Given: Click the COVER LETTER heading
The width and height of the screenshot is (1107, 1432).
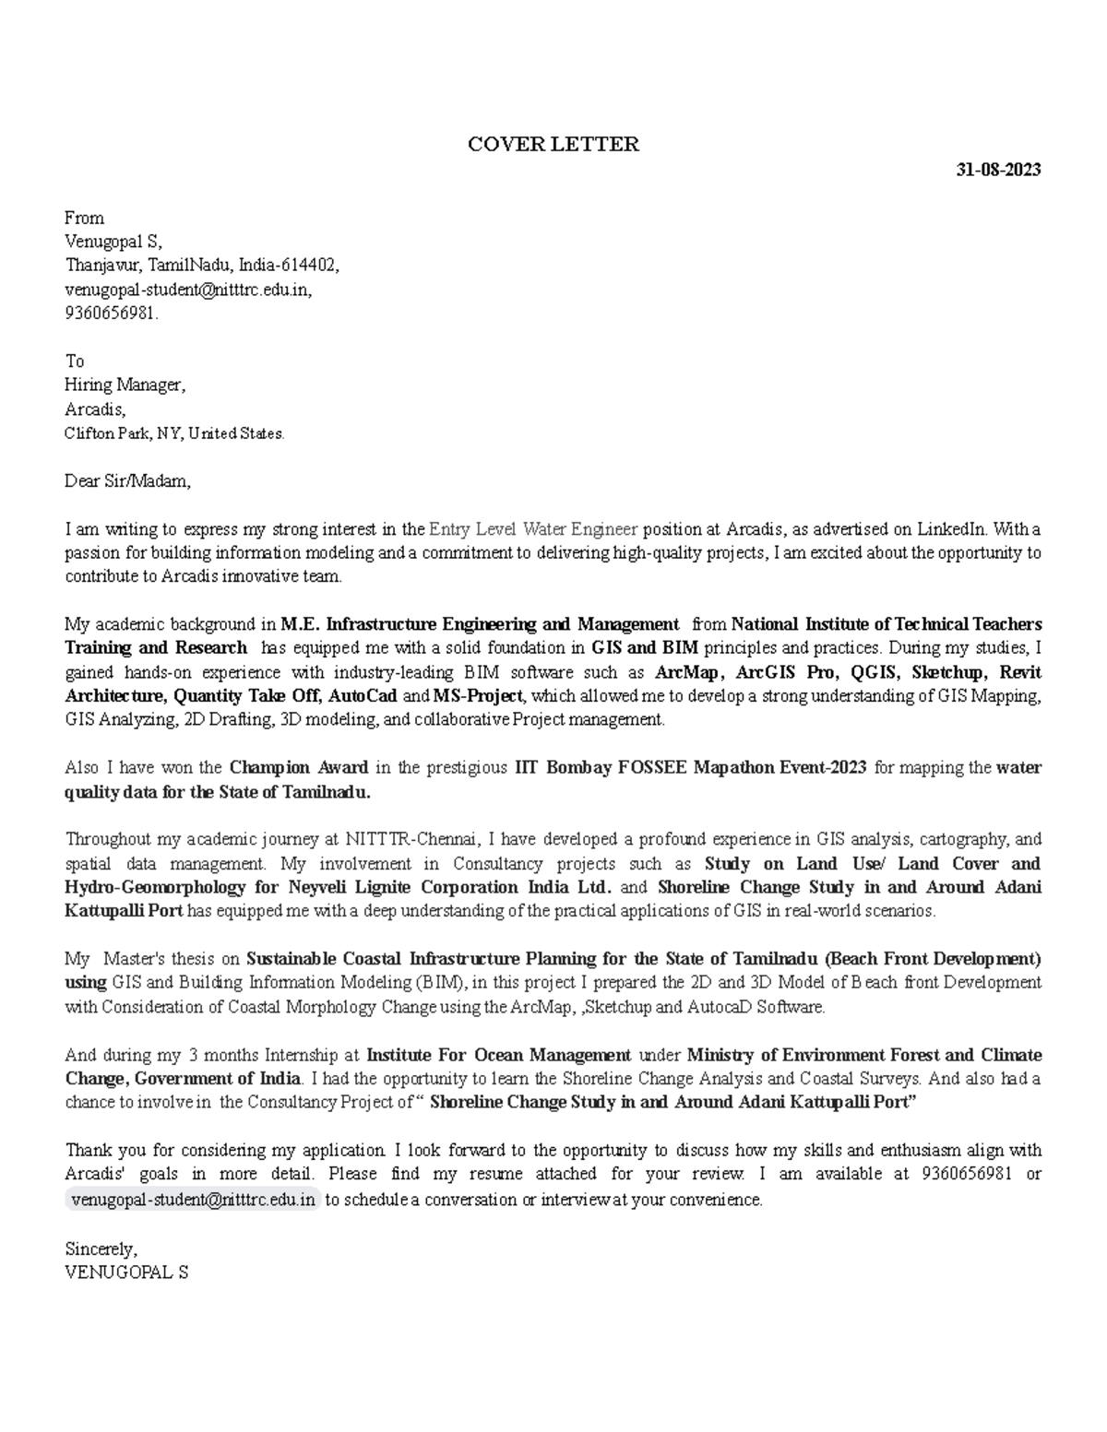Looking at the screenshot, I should point(553,144).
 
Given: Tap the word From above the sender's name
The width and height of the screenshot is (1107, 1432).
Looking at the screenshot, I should point(84,218).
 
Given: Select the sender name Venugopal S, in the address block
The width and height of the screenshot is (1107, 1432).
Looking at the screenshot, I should point(113,242).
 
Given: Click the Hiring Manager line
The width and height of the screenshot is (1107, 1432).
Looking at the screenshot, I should point(125,385).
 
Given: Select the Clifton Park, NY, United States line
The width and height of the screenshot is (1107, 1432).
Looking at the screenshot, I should point(174,432).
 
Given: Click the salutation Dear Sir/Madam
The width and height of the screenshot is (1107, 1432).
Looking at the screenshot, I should point(127,480).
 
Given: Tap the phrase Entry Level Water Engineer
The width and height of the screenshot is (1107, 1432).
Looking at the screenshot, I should point(533,529).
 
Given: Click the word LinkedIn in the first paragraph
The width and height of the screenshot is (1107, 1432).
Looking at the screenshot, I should point(951,529).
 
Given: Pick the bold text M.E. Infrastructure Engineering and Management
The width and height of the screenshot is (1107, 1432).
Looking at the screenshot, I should point(480,624).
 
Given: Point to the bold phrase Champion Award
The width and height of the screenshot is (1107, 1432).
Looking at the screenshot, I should point(298,767).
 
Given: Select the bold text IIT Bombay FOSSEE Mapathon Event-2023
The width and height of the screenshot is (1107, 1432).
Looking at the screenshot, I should point(690,767).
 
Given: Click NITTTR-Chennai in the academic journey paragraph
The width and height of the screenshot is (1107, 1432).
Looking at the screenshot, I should point(412,839).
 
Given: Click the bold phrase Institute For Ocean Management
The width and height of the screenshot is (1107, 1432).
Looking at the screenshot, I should point(498,1055).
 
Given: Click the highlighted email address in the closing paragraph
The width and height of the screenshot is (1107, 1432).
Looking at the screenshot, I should point(193,1200).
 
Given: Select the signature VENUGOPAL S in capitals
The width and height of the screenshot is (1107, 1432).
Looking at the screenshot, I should point(126,1272).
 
